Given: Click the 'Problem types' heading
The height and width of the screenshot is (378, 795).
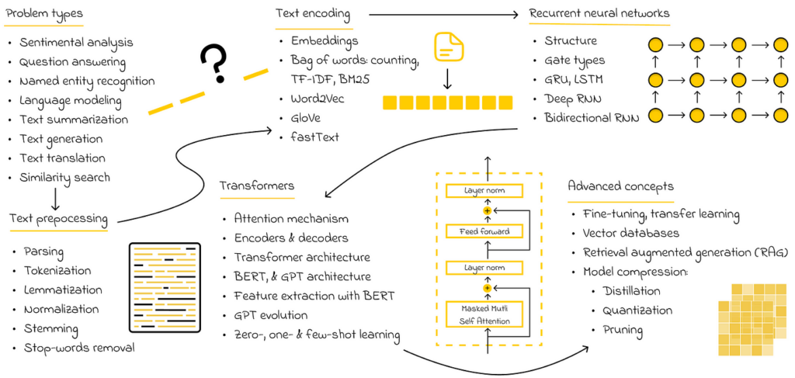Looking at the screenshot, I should pyautogui.click(x=44, y=14).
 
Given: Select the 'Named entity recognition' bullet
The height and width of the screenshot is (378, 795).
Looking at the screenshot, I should pyautogui.click(x=87, y=81).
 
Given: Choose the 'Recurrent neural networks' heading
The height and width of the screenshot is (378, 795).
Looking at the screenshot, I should pyautogui.click(x=599, y=13).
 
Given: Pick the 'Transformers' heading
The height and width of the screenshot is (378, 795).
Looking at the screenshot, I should pyautogui.click(x=257, y=186).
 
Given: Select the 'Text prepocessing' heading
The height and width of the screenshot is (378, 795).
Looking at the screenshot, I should pyautogui.click(x=59, y=219).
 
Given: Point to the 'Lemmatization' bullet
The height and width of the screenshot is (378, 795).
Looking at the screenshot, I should pyautogui.click(x=63, y=290).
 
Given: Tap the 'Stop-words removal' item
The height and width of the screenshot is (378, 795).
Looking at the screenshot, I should pyautogui.click(x=78, y=347).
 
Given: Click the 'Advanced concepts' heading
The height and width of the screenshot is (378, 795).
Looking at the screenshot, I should pyautogui.click(x=620, y=186).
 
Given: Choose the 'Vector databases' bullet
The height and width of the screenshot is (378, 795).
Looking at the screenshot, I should pyautogui.click(x=630, y=233).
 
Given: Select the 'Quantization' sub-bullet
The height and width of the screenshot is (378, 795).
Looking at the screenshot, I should pyautogui.click(x=637, y=310).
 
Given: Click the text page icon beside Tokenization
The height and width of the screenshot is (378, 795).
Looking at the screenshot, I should pyautogui.click(x=164, y=283).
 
